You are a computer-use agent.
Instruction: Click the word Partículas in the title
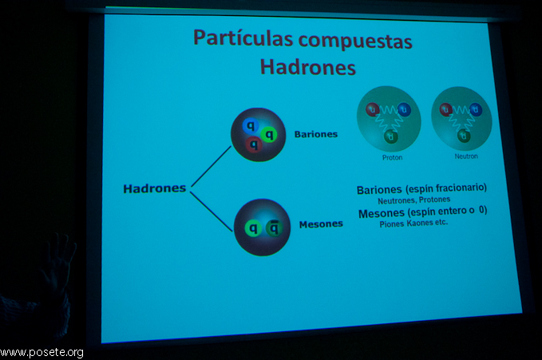(x=243, y=38)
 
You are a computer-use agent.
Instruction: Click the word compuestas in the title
(x=355, y=42)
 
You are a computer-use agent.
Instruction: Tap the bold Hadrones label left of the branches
(x=155, y=188)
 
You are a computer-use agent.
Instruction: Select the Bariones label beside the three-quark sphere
(x=316, y=134)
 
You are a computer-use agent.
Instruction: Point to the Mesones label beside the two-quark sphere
(x=321, y=224)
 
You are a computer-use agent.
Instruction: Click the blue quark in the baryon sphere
(x=251, y=126)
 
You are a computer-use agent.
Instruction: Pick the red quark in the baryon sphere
(x=254, y=144)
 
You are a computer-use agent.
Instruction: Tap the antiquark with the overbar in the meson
(x=274, y=227)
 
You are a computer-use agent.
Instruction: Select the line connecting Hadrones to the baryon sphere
(x=211, y=166)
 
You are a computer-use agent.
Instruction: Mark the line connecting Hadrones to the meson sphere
(x=211, y=212)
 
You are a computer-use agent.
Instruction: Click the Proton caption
(x=392, y=158)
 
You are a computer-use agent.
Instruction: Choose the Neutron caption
(x=466, y=156)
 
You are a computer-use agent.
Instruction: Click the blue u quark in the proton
(x=404, y=109)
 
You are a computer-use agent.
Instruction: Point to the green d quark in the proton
(x=391, y=136)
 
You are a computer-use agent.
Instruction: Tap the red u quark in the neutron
(x=446, y=110)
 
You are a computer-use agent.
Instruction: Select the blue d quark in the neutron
(x=476, y=109)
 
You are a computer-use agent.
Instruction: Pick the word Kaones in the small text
(x=420, y=223)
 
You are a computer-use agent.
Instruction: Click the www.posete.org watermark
(x=42, y=352)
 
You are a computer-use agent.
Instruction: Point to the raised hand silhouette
(x=59, y=263)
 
